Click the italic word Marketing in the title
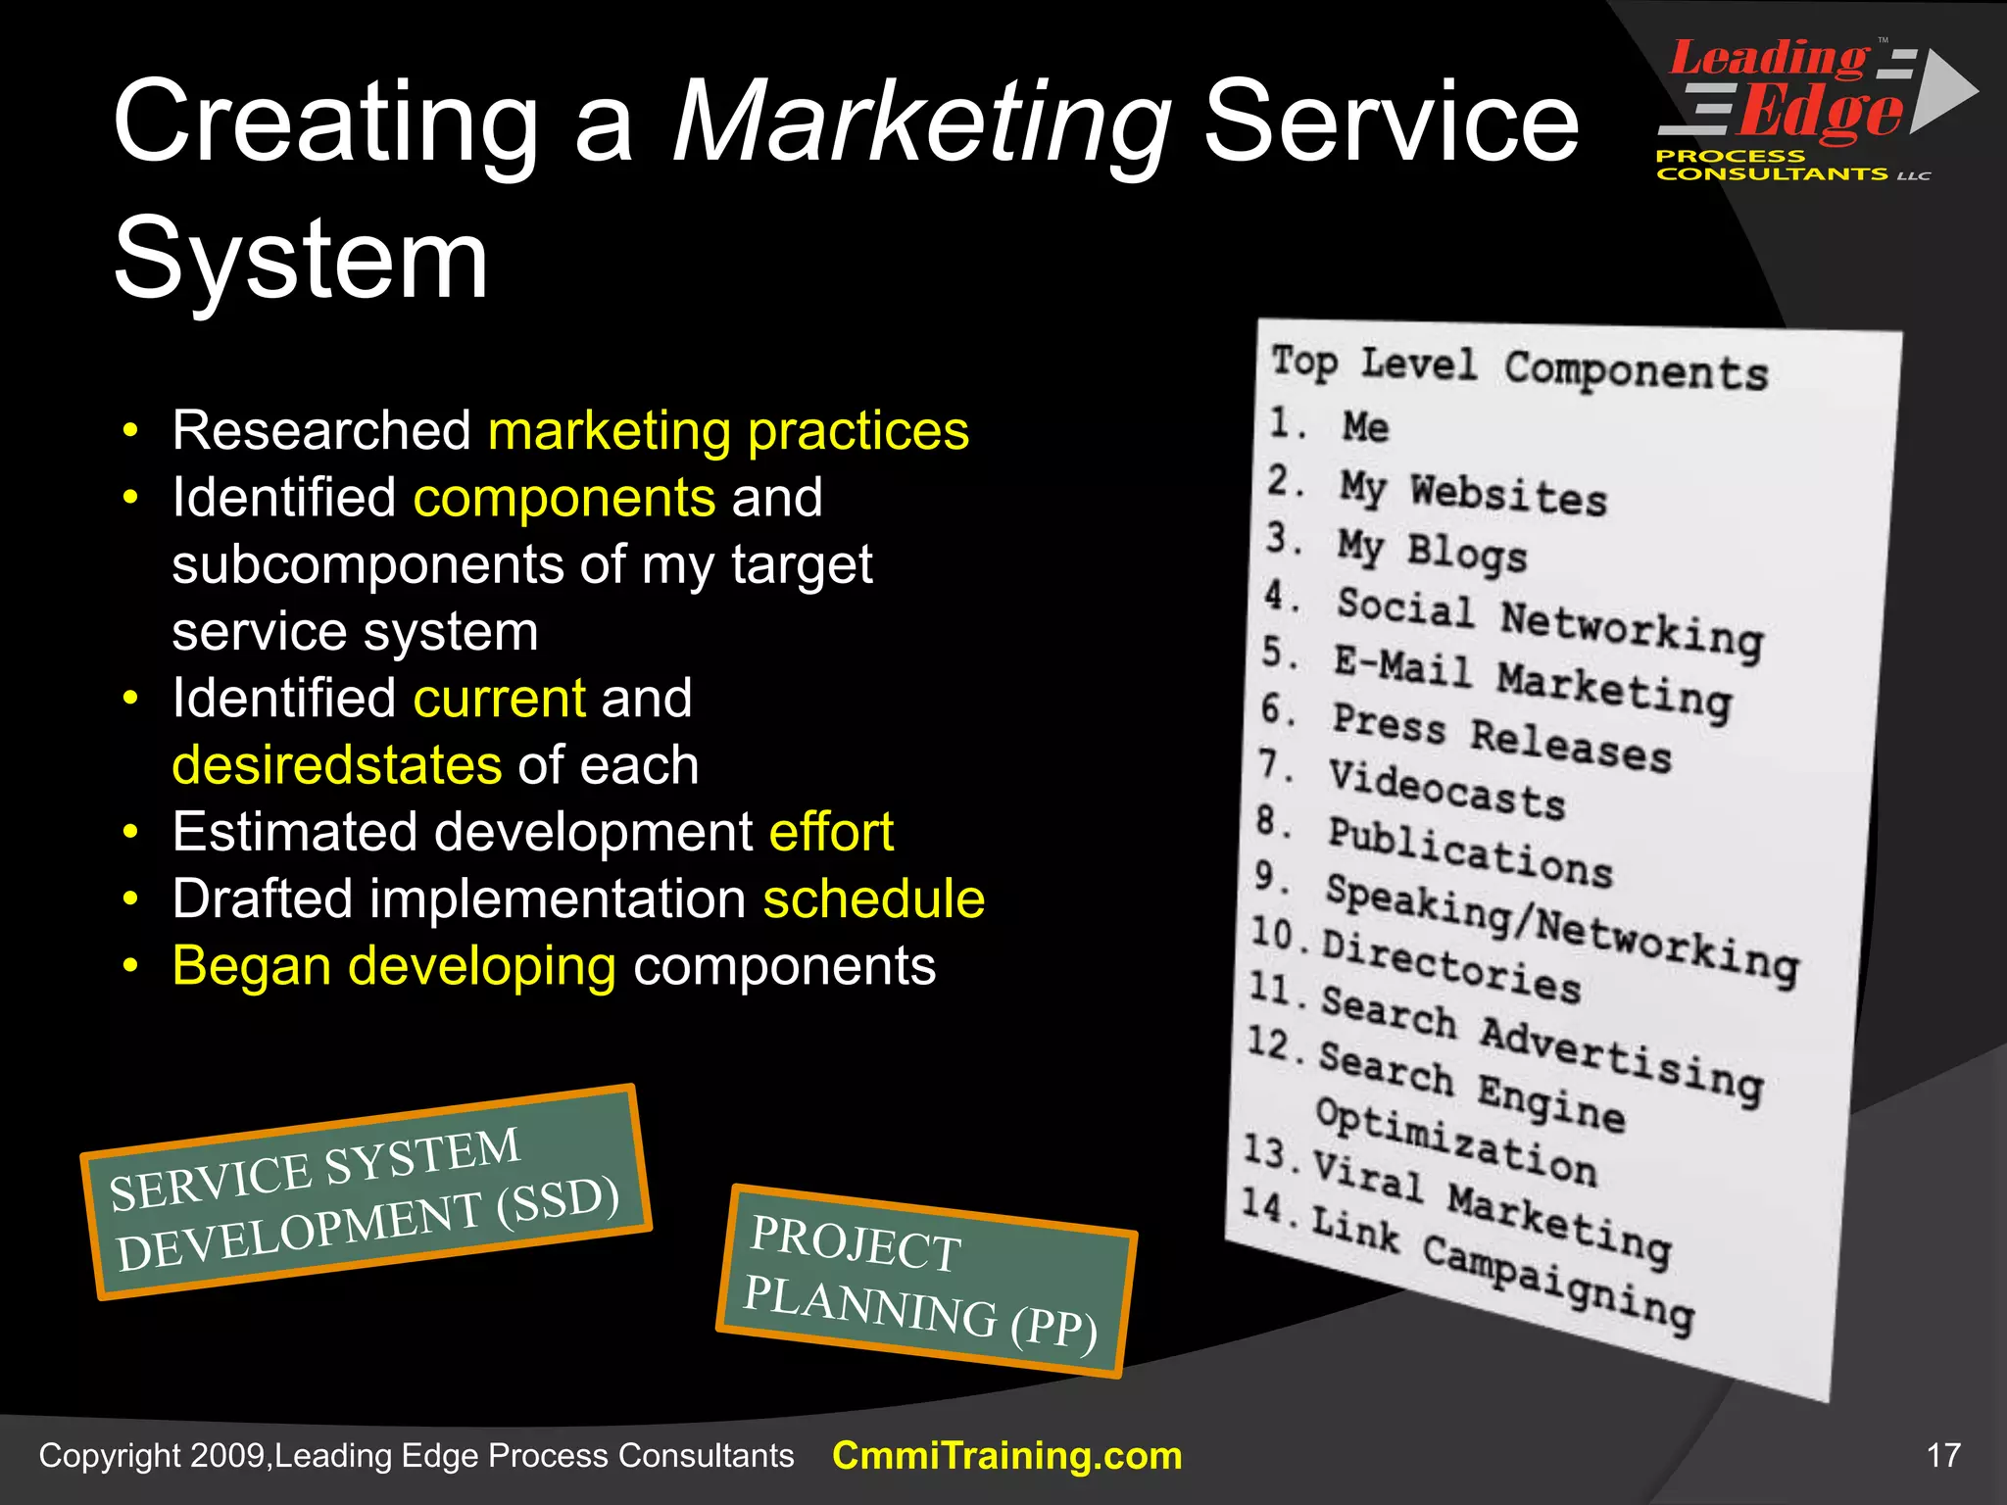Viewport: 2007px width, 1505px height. pyautogui.click(x=921, y=122)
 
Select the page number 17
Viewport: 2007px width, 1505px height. pyautogui.click(x=1943, y=1455)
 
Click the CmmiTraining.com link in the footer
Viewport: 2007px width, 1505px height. pyautogui.click(x=1006, y=1456)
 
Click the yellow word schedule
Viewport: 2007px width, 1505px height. pyautogui.click(x=873, y=899)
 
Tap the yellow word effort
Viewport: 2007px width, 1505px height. pyautogui.click(x=831, y=832)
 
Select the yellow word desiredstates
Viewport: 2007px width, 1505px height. pyautogui.click(x=337, y=765)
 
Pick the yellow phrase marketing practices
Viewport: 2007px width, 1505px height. pyautogui.click(x=728, y=430)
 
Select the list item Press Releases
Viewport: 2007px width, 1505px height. pyautogui.click(x=1501, y=737)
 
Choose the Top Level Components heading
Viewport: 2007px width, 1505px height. pyautogui.click(x=1519, y=368)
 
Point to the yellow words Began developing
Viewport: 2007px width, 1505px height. pyautogui.click(x=394, y=966)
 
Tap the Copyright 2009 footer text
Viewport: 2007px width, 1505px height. pyautogui.click(x=416, y=1456)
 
